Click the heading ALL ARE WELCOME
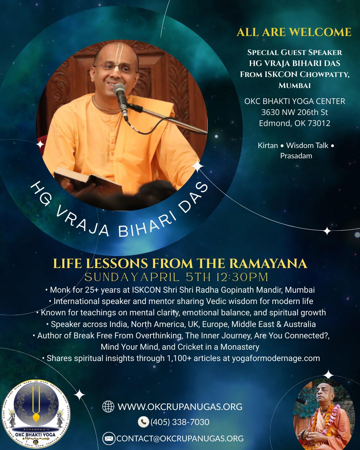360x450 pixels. pyautogui.click(x=294, y=32)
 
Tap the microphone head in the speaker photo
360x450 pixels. pyautogui.click(x=119, y=90)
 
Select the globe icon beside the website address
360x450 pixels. pyautogui.click(x=108, y=407)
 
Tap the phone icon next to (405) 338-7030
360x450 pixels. pyautogui.click(x=143, y=422)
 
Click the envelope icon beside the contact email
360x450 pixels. pyautogui.click(x=109, y=438)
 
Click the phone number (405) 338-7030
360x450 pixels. pyautogui.click(x=180, y=422)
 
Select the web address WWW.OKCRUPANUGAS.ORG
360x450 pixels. pyautogui.click(x=180, y=407)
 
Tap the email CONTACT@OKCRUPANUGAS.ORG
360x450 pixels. pyautogui.click(x=180, y=438)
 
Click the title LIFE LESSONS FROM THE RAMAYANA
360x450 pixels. pyautogui.click(x=180, y=263)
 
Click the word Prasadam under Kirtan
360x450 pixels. pyautogui.click(x=296, y=156)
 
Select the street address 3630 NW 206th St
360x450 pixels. pyautogui.click(x=295, y=112)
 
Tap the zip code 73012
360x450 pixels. pyautogui.click(x=319, y=123)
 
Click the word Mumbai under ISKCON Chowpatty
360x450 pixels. pyautogui.click(x=295, y=85)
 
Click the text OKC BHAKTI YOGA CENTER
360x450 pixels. pyautogui.click(x=295, y=101)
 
